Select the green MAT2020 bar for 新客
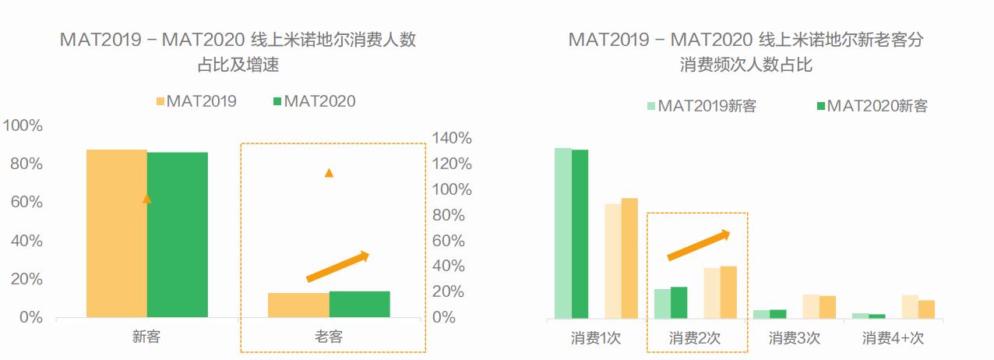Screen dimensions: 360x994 [x=178, y=234]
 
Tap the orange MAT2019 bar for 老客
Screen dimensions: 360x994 [x=298, y=305]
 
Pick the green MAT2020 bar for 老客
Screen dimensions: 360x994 [x=359, y=305]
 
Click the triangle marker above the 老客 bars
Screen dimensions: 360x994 [x=329, y=172]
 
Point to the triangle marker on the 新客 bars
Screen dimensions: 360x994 [x=146, y=199]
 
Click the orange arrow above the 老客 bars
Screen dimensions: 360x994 [x=337, y=266]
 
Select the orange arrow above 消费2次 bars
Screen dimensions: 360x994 [x=698, y=245]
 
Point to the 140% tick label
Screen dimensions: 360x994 [x=452, y=139]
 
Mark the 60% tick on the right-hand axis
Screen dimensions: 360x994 [x=452, y=241]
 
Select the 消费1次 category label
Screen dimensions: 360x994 [x=596, y=338]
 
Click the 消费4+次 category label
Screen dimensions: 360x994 [x=893, y=338]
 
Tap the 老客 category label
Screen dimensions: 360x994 [x=329, y=337]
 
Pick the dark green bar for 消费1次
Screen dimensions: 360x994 [x=580, y=234]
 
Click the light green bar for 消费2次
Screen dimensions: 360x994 [x=663, y=304]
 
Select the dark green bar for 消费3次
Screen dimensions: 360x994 [x=778, y=314]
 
